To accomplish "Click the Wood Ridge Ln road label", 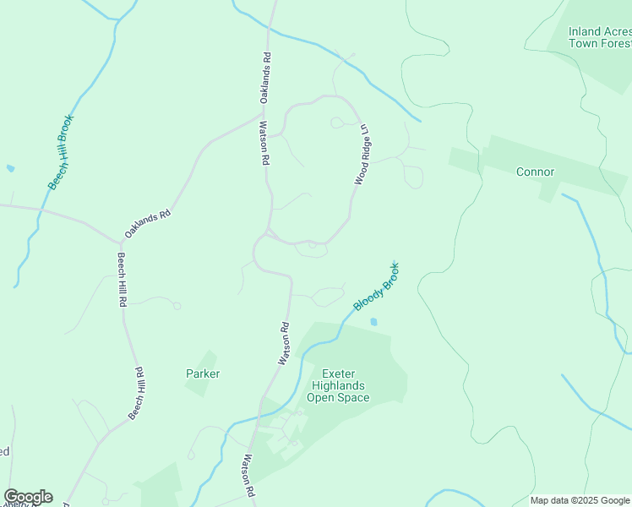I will pyautogui.click(x=362, y=155).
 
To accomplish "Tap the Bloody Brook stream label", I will pyautogui.click(x=377, y=286).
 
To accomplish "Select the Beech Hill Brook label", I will pyautogui.click(x=61, y=152).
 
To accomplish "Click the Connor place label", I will pyautogui.click(x=535, y=172).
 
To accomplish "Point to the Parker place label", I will pyautogui.click(x=203, y=373).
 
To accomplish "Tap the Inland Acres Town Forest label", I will pyautogui.click(x=599, y=37).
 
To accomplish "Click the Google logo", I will pyautogui.click(x=28, y=497).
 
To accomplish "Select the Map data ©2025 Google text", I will pyautogui.click(x=580, y=500).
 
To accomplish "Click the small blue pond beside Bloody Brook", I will pyautogui.click(x=373, y=321).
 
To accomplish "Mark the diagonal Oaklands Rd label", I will pyautogui.click(x=148, y=224).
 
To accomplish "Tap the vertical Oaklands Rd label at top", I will pyautogui.click(x=264, y=79).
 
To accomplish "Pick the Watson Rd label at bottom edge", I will pyautogui.click(x=249, y=477).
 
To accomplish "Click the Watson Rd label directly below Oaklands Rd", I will pyautogui.click(x=264, y=143).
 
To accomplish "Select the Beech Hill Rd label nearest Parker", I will pyautogui.click(x=136, y=394).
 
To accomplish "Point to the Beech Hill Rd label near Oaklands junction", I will pyautogui.click(x=123, y=278).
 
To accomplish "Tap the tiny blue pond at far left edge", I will pyautogui.click(x=10, y=168).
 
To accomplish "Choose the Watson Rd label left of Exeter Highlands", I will pyautogui.click(x=286, y=344).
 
